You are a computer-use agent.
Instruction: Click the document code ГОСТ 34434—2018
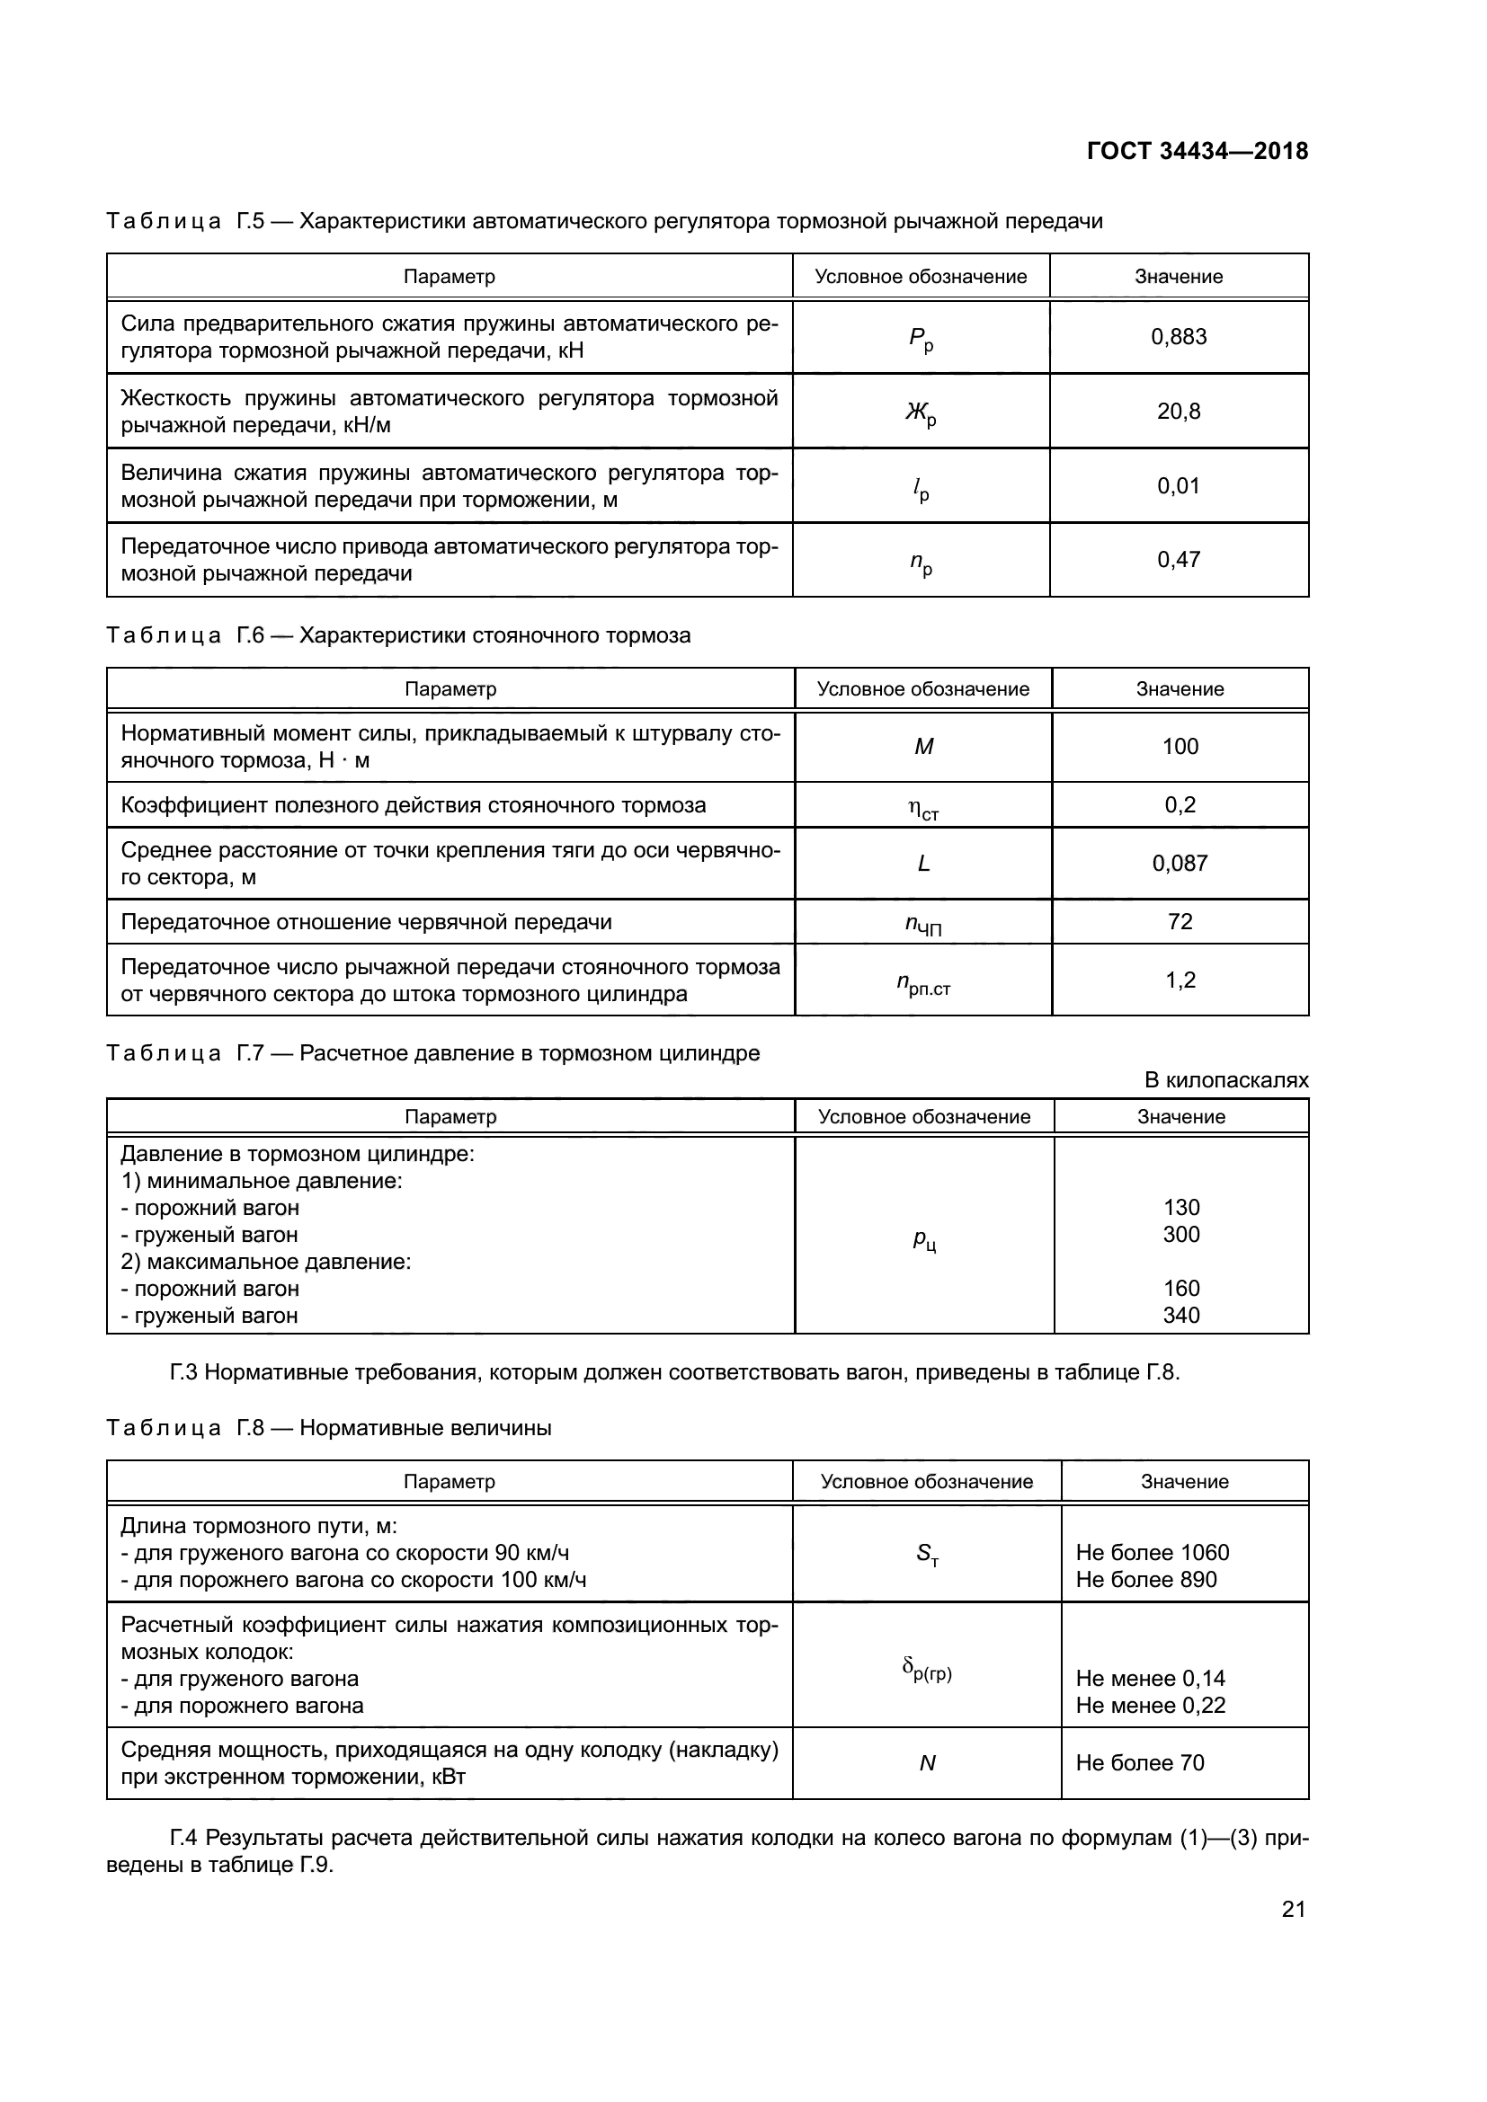click(1197, 151)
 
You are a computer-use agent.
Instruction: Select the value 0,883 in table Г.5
click(1179, 337)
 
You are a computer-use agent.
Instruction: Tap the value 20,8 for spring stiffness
click(1179, 411)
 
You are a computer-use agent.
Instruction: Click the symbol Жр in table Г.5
click(921, 413)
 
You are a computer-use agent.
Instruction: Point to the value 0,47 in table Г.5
click(1179, 559)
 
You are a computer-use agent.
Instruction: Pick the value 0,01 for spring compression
click(1179, 486)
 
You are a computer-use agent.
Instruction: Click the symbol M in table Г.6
click(923, 747)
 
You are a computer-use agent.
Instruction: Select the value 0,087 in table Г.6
click(1180, 864)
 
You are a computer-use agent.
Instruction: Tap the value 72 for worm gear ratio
click(1180, 921)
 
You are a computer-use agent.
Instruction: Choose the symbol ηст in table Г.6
click(923, 808)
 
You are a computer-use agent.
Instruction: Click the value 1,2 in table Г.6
click(1180, 980)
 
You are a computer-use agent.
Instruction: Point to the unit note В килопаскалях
click(1226, 1080)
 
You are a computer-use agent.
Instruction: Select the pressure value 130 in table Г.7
click(1181, 1208)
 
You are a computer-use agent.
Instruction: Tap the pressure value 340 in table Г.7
click(1181, 1316)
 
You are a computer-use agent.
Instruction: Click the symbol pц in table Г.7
click(924, 1240)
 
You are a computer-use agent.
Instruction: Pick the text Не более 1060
click(1152, 1553)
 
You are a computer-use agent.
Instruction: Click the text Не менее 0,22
click(1150, 1706)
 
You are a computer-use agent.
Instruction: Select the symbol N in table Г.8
click(927, 1763)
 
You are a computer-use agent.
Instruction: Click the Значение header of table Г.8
click(1184, 1482)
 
